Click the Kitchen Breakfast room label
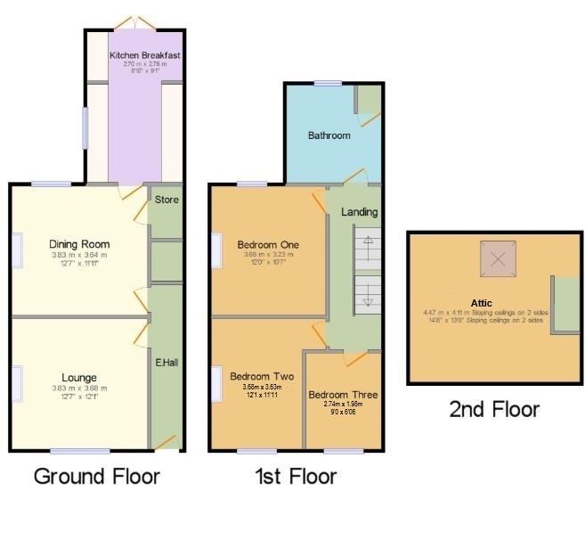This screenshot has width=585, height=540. click(x=144, y=55)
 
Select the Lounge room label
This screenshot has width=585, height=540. click(x=79, y=378)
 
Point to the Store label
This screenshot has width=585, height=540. click(x=167, y=200)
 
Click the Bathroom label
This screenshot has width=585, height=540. click(x=329, y=135)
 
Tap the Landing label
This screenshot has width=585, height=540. click(x=360, y=212)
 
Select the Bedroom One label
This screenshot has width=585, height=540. click(x=267, y=245)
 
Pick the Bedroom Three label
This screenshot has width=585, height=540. click(x=343, y=395)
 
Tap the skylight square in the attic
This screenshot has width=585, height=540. click(x=499, y=259)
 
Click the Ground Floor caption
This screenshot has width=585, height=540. click(x=96, y=476)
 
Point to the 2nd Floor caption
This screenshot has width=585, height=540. click(x=494, y=409)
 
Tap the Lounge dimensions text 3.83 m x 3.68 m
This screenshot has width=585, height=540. click(x=79, y=389)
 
